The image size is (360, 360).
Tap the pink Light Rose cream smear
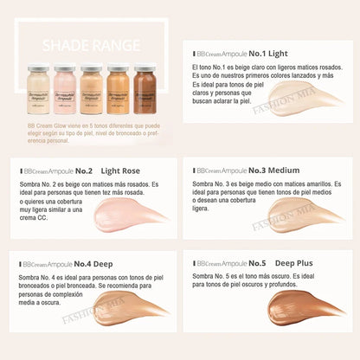pyautogui.click(x=131, y=213)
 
